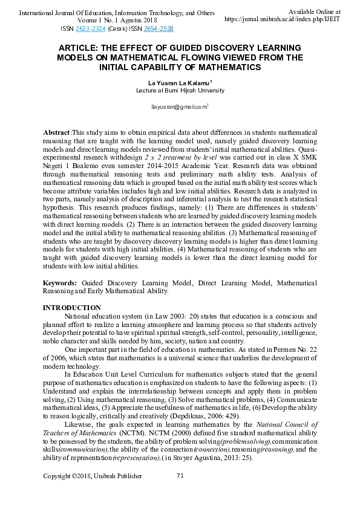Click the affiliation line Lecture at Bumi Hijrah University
point(180,91)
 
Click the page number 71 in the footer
point(180,476)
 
